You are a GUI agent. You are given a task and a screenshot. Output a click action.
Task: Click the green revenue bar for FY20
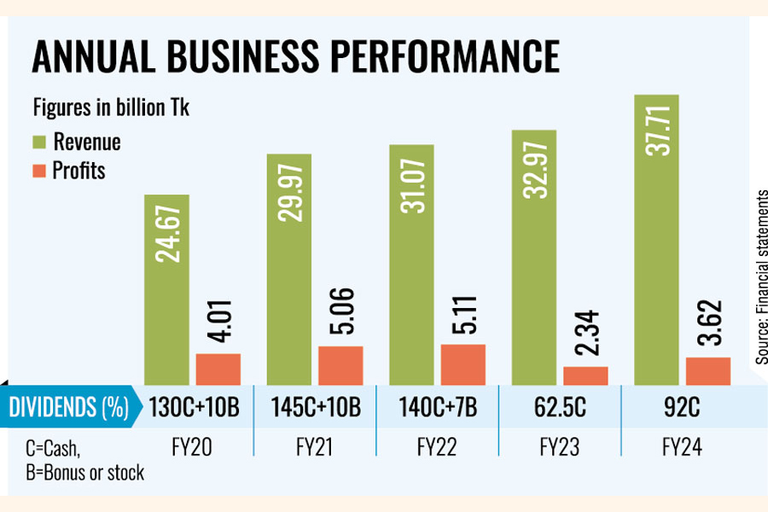(166, 290)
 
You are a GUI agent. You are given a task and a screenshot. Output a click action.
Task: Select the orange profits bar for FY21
(340, 365)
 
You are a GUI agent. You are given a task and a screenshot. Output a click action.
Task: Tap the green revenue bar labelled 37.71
(658, 239)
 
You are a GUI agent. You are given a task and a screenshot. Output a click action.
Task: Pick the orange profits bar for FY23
(585, 375)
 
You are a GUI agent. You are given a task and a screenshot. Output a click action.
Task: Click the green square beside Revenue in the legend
(41, 141)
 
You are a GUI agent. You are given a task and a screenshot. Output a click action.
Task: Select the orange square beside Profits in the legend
(41, 171)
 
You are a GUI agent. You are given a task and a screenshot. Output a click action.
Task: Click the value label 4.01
(218, 320)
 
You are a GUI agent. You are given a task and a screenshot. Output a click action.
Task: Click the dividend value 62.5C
(561, 407)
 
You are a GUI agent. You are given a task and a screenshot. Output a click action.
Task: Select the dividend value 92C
(683, 407)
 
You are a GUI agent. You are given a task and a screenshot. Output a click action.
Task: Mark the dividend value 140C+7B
(438, 407)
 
